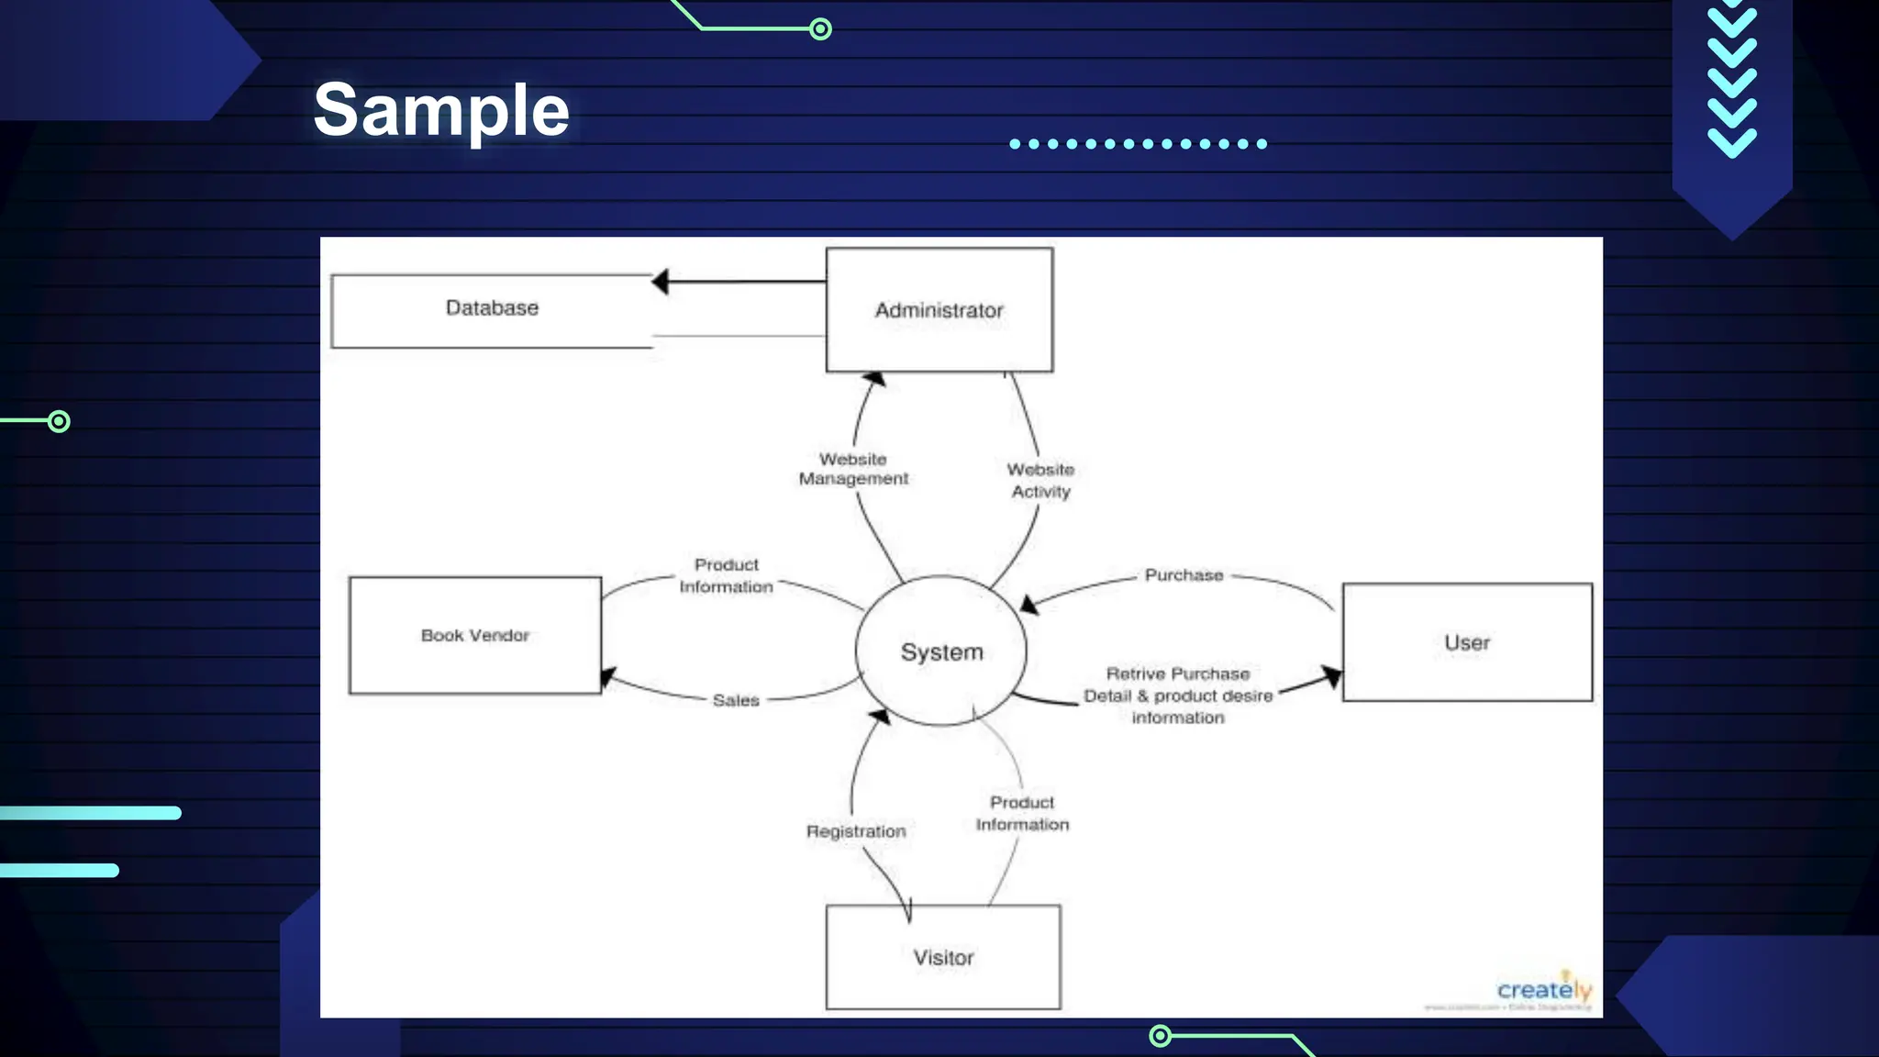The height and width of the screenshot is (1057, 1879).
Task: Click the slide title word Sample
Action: point(441,110)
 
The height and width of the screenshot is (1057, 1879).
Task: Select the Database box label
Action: point(492,308)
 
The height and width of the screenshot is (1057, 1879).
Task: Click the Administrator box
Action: point(939,310)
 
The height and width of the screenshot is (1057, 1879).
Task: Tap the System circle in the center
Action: point(941,651)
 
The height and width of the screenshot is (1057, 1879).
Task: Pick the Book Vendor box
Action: point(474,635)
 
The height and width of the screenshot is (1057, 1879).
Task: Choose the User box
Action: point(1466,642)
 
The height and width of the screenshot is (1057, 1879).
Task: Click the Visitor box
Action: point(942,957)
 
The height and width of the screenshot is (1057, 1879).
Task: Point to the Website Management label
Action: point(853,469)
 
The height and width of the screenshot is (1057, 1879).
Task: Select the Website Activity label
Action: point(1040,480)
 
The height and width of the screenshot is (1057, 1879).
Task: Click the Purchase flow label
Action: point(1184,575)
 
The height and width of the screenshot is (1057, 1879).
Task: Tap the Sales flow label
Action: point(736,700)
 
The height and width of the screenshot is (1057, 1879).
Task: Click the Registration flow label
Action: point(855,831)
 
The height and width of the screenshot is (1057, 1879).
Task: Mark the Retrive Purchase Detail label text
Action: point(1178,695)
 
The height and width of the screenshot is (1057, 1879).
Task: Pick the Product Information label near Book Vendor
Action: point(726,575)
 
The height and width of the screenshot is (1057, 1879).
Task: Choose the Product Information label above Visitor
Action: point(1022,813)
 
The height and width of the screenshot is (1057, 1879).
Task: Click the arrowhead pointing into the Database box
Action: point(661,282)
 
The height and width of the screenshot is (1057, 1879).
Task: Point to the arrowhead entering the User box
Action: point(1331,677)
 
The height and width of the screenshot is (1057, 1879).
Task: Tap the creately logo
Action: point(1544,990)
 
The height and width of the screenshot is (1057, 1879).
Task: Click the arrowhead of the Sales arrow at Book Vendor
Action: point(608,678)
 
